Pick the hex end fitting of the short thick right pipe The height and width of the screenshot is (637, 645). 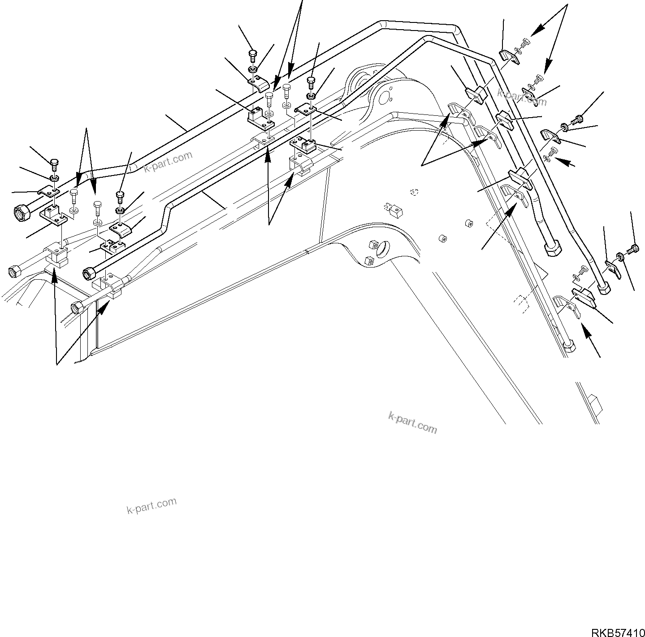pyautogui.click(x=552, y=247)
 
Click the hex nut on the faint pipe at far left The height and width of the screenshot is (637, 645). pyautogui.click(x=13, y=272)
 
